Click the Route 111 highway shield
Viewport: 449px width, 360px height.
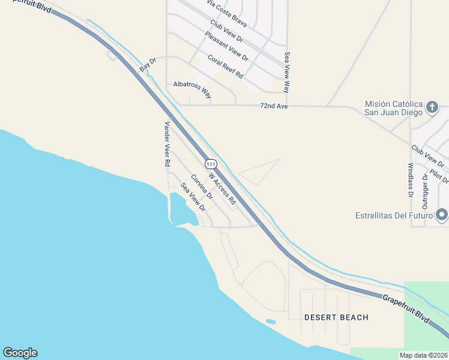210,164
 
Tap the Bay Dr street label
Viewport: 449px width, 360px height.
148,65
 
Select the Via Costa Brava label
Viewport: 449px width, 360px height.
227,13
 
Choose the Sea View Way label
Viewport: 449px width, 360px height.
287,72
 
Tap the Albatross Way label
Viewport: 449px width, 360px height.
193,89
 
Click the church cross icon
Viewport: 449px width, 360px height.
432,107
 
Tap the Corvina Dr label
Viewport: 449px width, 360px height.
202,187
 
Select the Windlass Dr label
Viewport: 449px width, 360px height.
411,180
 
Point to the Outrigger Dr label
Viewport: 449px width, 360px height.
426,188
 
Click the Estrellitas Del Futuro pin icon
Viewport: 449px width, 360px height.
442,214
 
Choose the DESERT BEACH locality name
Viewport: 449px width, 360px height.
336,317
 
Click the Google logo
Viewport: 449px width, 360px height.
20,353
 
